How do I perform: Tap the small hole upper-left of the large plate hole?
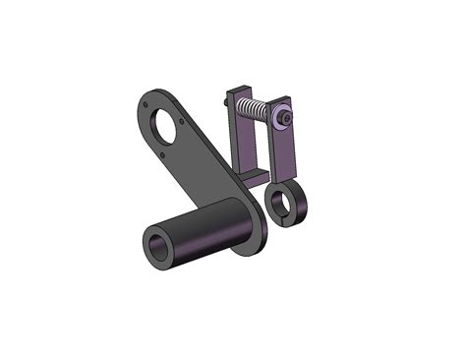click(146, 99)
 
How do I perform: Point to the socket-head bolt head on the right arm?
click(285, 117)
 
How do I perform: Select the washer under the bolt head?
click(279, 117)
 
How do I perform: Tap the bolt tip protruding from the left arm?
click(227, 99)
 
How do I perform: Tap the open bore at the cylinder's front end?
click(157, 246)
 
